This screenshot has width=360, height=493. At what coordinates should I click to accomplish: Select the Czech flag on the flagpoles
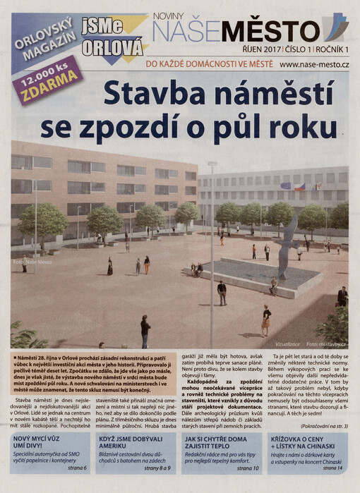pyautogui.click(x=299, y=187)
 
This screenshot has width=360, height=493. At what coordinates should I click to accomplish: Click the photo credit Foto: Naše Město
pyautogui.click(x=32, y=262)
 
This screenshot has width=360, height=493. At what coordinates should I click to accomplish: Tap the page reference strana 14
pyautogui.click(x=332, y=468)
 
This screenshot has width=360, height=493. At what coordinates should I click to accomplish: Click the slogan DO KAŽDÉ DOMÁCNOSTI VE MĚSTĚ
pyautogui.click(x=209, y=64)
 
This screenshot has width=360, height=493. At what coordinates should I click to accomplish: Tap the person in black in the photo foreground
pyautogui.click(x=145, y=331)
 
